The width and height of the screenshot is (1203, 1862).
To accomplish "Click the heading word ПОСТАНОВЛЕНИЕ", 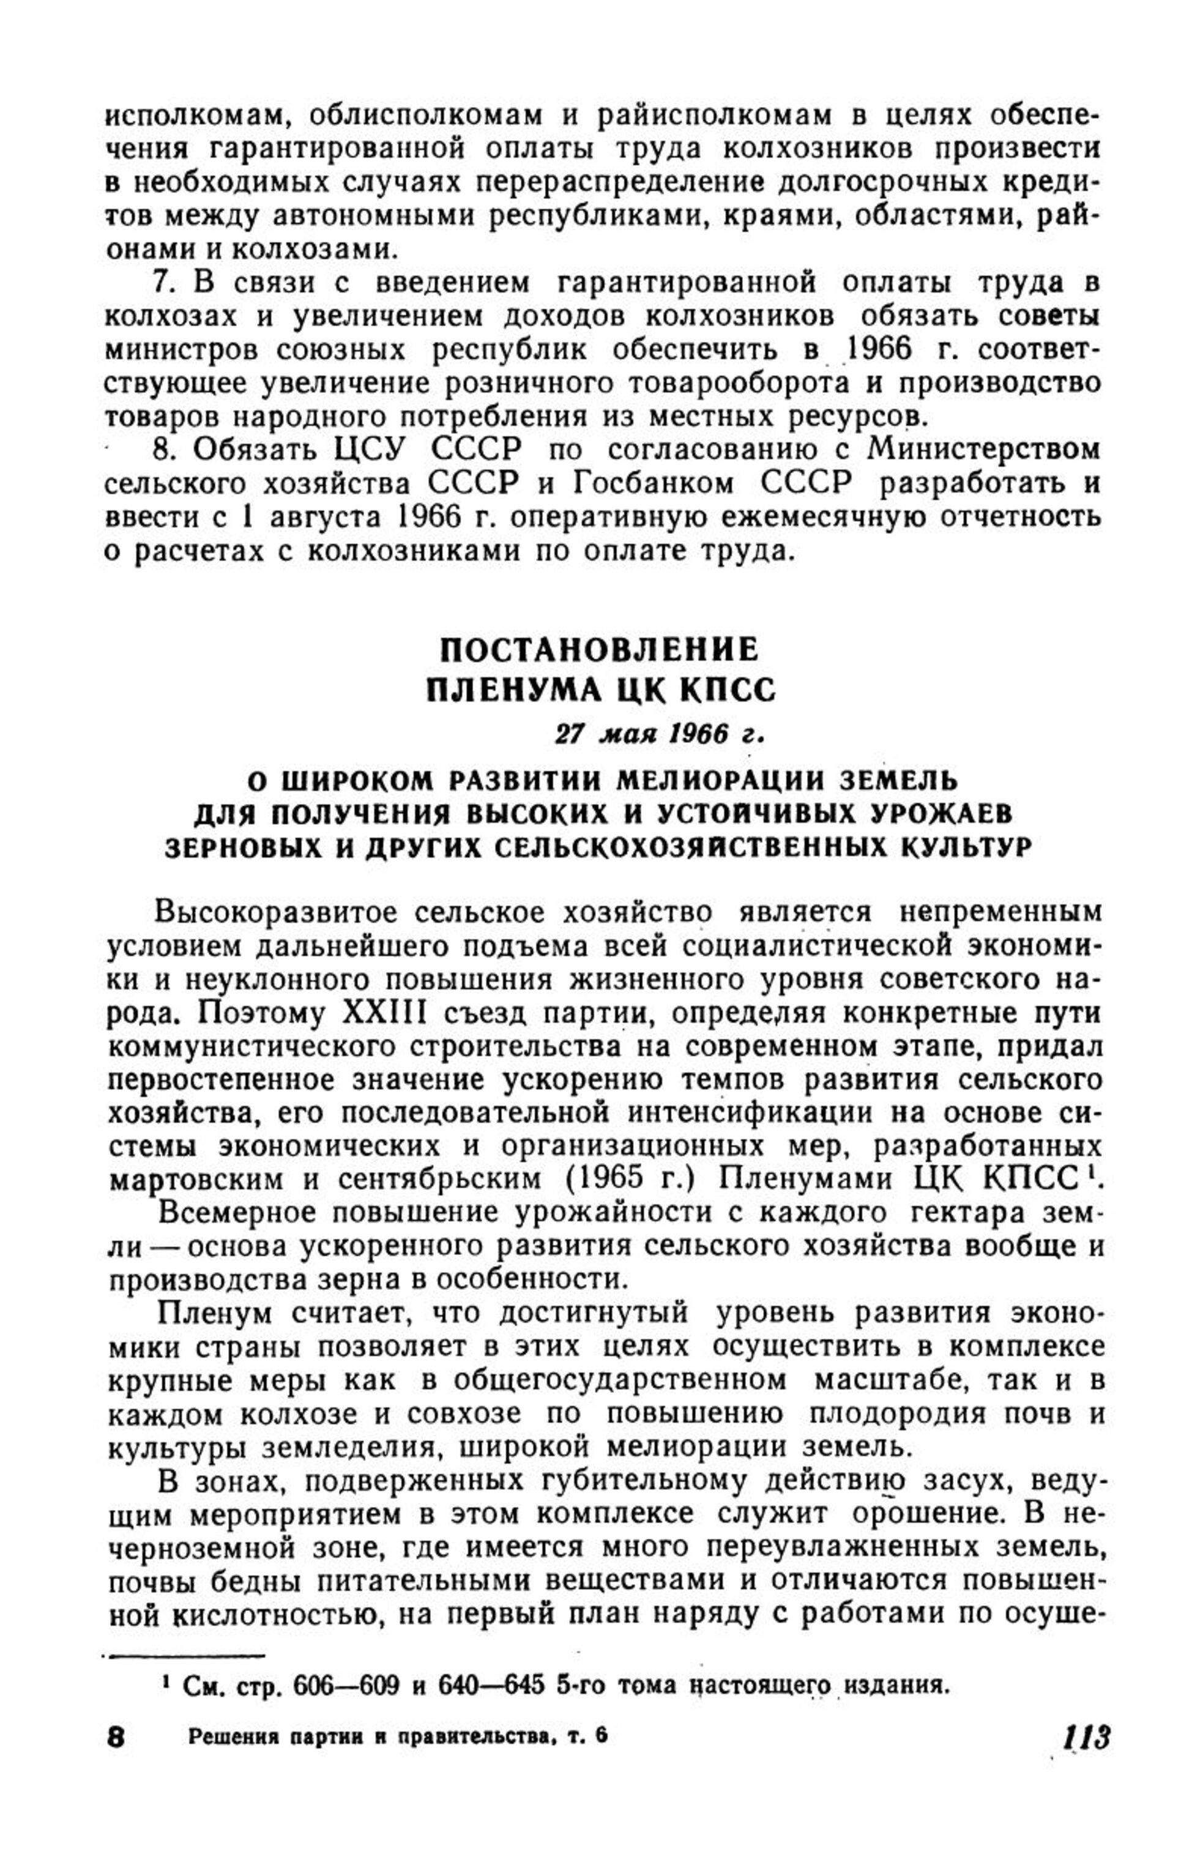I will [x=600, y=649].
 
